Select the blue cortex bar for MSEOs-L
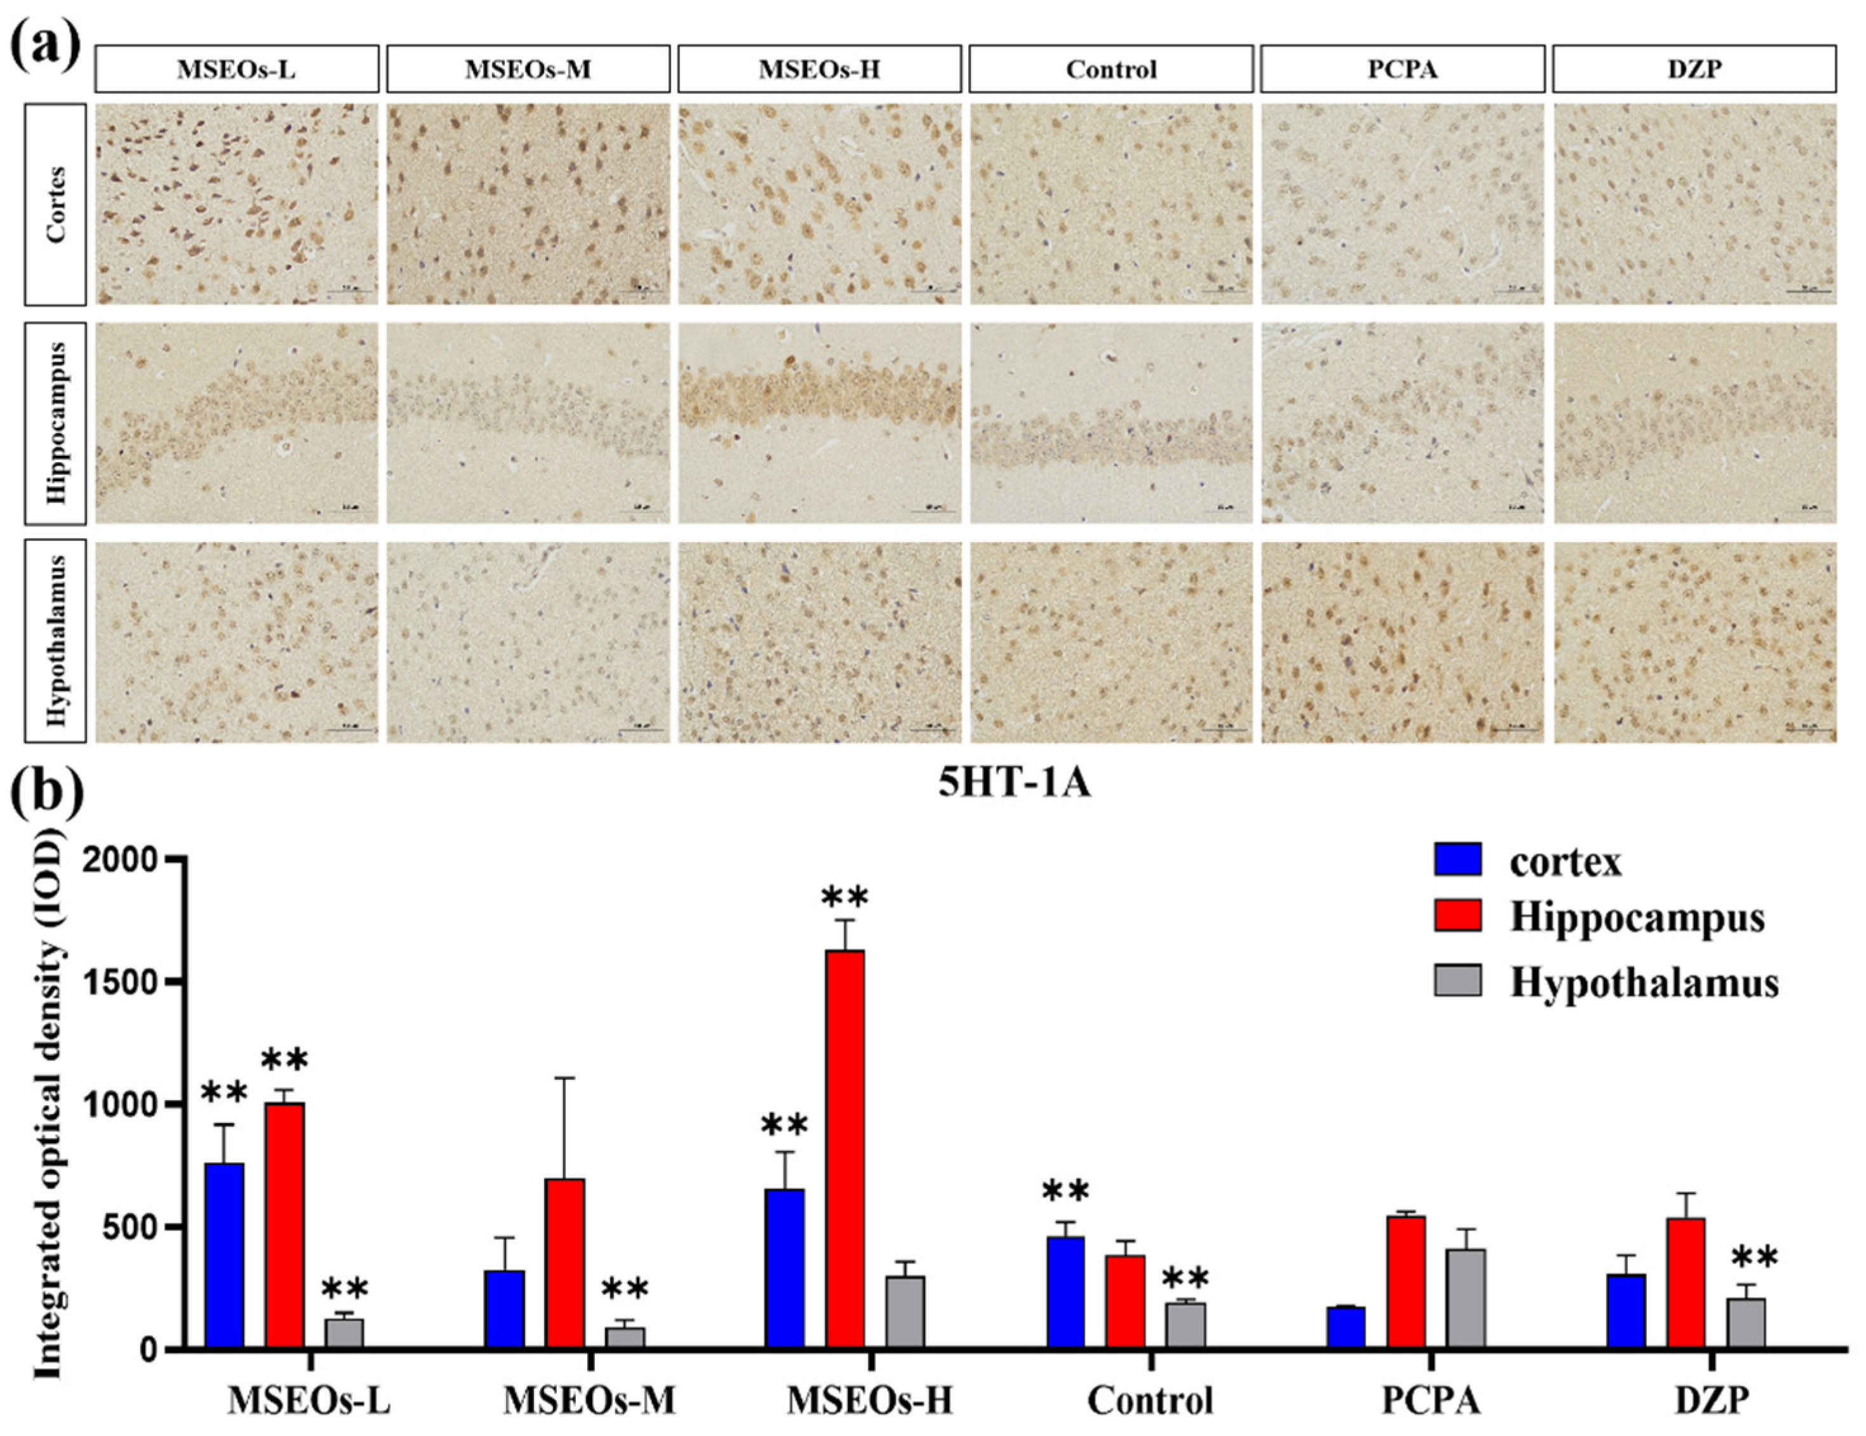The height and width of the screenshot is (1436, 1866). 224,1256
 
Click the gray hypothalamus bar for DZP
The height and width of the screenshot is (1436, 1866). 1745,1323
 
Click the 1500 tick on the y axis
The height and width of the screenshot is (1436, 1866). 163,981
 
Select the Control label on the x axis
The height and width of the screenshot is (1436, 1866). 1150,1401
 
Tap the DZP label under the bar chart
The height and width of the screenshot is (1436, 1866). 1711,1401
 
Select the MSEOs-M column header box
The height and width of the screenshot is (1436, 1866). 528,69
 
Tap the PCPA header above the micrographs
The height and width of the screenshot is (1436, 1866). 1402,69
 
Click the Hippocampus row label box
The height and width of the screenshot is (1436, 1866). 55,423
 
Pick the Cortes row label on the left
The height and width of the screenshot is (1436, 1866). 55,204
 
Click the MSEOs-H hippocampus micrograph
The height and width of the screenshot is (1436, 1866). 820,423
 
